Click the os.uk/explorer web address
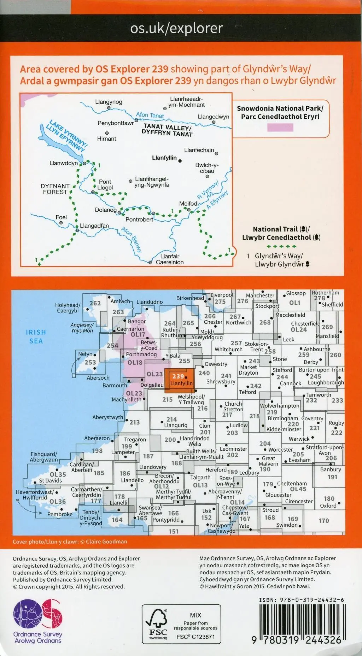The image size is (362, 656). pyautogui.click(x=176, y=28)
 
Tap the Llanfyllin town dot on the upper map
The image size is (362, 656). pyautogui.click(x=180, y=161)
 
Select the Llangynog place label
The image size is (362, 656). pyautogui.click(x=109, y=102)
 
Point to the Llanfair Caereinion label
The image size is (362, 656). pyautogui.click(x=170, y=259)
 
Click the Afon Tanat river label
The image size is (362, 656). pyautogui.click(x=150, y=115)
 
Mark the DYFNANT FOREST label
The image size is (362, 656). pyautogui.click(x=55, y=189)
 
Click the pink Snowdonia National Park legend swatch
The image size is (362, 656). pyautogui.click(x=280, y=128)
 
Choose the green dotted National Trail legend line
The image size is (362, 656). pyautogui.click(x=281, y=246)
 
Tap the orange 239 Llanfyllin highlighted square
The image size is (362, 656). pyautogui.click(x=179, y=380)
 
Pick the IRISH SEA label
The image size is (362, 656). pyautogui.click(x=36, y=336)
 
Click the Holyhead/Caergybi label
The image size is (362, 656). pyautogui.click(x=68, y=307)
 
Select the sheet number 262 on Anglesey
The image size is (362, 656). pyautogui.click(x=95, y=303)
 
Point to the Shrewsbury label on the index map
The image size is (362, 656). pyautogui.click(x=221, y=382)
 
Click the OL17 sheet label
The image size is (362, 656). pyautogui.click(x=138, y=334)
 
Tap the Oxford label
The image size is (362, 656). pyautogui.click(x=328, y=506)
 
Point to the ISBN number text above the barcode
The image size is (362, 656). pyautogui.click(x=301, y=600)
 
